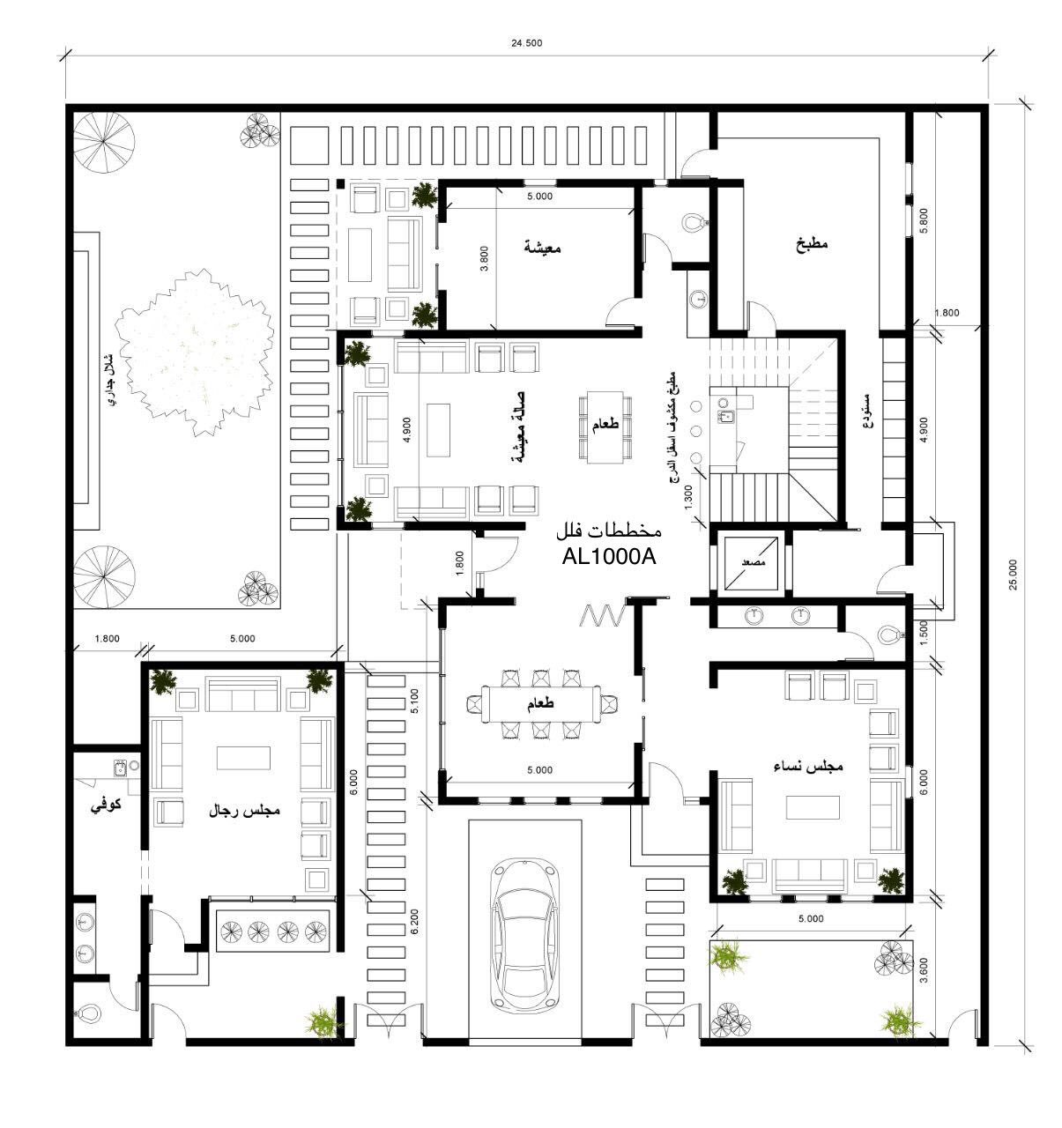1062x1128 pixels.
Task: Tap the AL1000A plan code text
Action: [609, 557]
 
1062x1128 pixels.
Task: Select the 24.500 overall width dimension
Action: [527, 42]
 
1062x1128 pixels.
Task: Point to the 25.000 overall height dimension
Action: [1014, 575]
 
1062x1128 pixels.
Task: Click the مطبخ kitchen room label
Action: [811, 245]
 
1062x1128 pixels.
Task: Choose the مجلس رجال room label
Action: [244, 809]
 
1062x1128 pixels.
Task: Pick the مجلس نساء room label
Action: [808, 766]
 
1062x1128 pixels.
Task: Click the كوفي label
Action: [107, 805]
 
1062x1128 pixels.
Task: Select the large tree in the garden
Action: [194, 352]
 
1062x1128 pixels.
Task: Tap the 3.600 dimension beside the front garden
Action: [924, 970]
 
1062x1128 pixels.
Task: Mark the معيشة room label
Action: [541, 249]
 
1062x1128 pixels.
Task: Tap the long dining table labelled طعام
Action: [540, 704]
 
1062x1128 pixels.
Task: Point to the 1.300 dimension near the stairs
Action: [688, 496]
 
